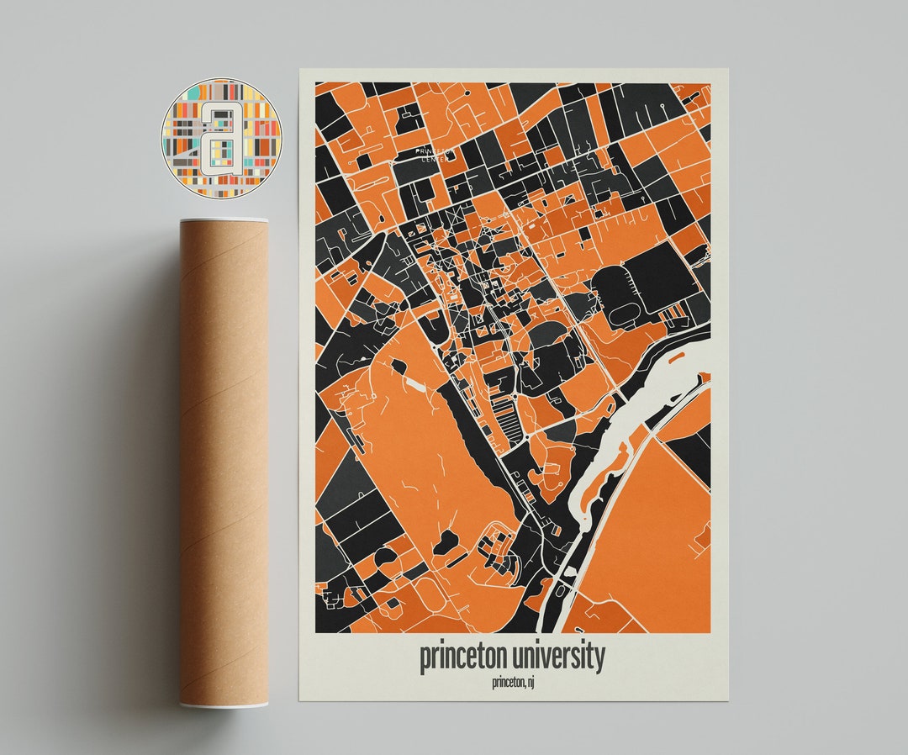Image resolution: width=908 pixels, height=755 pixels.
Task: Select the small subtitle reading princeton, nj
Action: pos(513,682)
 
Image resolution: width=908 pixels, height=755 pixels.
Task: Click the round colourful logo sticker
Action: pos(221,138)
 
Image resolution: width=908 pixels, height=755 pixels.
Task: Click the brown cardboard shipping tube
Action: pos(224,462)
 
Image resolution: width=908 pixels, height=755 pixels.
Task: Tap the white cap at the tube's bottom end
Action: pos(224,703)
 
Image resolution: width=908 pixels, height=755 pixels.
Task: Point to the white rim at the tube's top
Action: pos(224,221)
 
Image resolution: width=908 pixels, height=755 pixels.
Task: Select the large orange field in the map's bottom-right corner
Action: pos(647,538)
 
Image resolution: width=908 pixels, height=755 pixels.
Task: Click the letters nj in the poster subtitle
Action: pos(529,682)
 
